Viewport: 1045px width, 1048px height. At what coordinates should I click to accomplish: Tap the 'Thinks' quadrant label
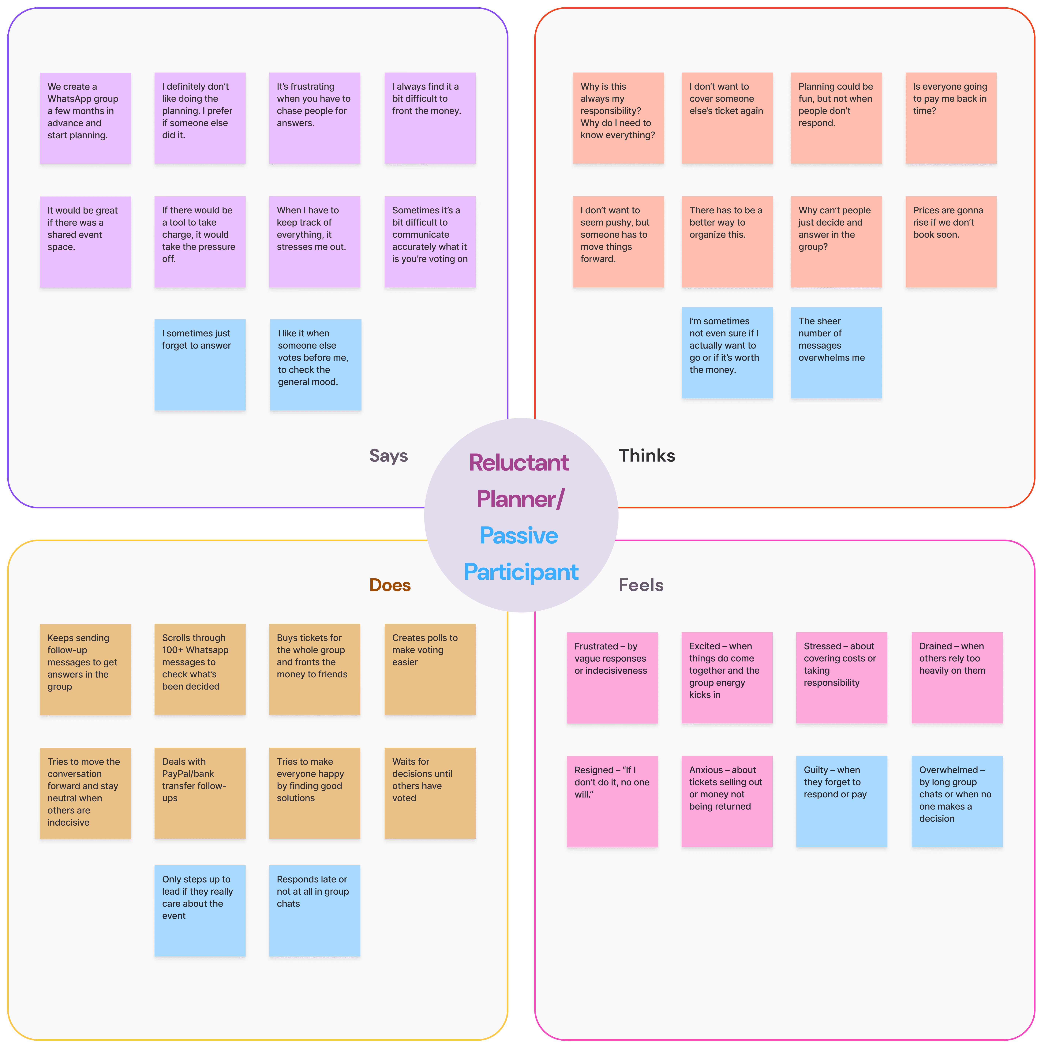(647, 456)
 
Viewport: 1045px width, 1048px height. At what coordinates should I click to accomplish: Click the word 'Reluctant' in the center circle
(519, 463)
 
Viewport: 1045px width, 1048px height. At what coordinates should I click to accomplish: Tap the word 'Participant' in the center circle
(521, 572)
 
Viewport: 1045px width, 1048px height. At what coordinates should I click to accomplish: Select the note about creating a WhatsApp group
(85, 118)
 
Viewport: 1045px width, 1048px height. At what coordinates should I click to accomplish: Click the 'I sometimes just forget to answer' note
(200, 365)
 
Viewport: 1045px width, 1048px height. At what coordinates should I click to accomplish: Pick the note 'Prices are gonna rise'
(951, 241)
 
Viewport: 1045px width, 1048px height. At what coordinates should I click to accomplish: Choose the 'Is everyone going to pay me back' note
(951, 118)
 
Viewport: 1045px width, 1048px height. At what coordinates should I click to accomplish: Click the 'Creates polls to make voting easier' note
(430, 669)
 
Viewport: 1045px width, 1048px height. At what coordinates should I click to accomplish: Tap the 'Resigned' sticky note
(612, 801)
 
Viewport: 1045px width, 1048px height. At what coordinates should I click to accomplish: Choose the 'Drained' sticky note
(957, 678)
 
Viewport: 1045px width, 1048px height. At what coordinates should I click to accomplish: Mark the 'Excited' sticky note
(727, 678)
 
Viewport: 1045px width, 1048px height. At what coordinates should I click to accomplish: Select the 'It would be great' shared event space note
(85, 241)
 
